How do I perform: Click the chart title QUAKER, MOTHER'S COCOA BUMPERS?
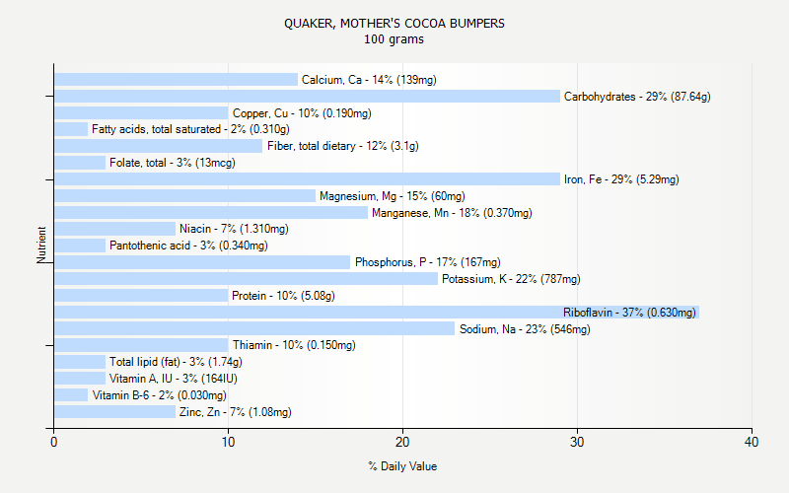(x=394, y=23)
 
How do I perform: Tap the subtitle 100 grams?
(x=394, y=39)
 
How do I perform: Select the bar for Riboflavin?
(x=376, y=312)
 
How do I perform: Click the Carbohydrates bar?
(x=307, y=97)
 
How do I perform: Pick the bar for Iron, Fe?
(x=307, y=179)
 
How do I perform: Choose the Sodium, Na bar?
(x=253, y=328)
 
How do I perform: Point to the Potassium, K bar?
(x=246, y=279)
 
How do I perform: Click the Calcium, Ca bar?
(x=176, y=80)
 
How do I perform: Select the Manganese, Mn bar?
(x=210, y=212)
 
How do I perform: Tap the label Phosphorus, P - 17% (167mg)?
(x=427, y=262)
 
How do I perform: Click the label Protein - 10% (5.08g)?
(x=283, y=296)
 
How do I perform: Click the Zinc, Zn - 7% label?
(x=235, y=412)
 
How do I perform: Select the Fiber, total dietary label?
(x=342, y=146)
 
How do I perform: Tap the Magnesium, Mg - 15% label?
(x=392, y=196)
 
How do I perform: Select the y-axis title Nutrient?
(x=41, y=246)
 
